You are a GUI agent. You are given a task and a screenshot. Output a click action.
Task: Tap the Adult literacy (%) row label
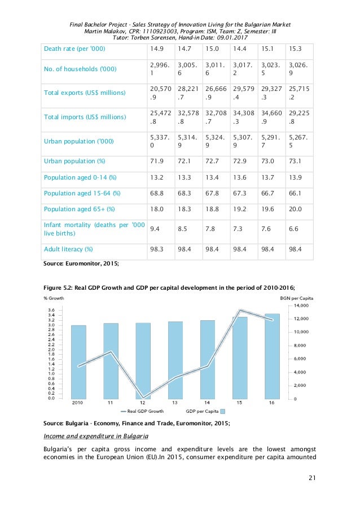click(x=68, y=249)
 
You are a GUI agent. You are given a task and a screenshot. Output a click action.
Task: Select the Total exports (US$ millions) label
click(x=85, y=92)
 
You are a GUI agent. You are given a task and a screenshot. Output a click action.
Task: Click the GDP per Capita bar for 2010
click(x=78, y=361)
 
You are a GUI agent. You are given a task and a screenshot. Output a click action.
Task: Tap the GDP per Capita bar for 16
click(x=272, y=356)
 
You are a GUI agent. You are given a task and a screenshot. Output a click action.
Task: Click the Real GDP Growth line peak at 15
click(x=240, y=310)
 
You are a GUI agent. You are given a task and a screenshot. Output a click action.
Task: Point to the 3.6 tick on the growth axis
click(x=51, y=310)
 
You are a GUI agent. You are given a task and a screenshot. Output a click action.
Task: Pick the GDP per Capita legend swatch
click(x=222, y=411)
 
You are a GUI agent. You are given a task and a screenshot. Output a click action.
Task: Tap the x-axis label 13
click(x=175, y=403)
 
